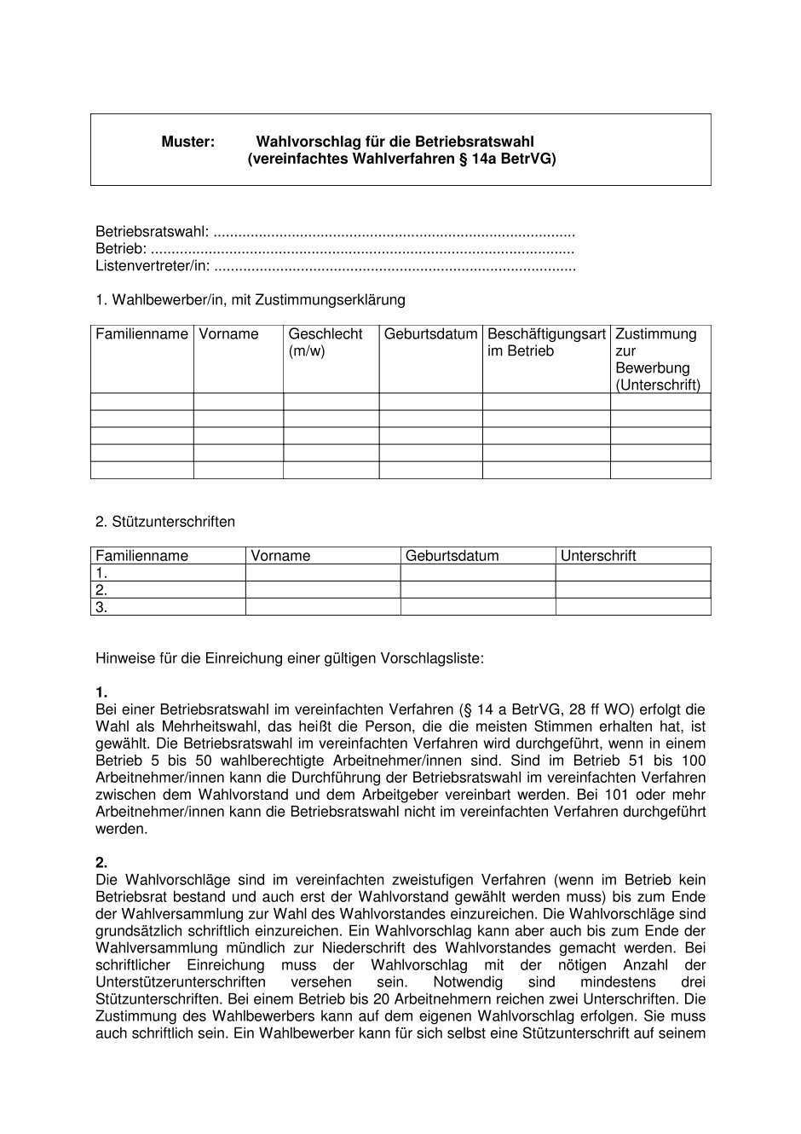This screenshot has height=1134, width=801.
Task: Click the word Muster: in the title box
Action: (x=187, y=142)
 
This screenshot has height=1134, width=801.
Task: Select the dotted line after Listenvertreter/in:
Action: (x=395, y=267)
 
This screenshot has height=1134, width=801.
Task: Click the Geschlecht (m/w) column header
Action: (x=325, y=342)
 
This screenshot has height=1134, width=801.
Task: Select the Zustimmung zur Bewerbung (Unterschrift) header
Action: (x=657, y=359)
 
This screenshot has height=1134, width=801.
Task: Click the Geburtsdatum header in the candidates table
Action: (x=430, y=334)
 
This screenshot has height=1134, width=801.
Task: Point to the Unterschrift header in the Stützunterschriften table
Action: (x=598, y=556)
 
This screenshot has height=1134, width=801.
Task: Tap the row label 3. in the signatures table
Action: (x=101, y=607)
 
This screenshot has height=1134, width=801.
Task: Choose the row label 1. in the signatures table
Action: (x=101, y=573)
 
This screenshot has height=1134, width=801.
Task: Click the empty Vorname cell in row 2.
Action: (x=323, y=590)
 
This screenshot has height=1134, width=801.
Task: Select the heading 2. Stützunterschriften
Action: (x=165, y=522)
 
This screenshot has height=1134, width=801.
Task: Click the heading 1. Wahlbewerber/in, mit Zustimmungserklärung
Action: (x=251, y=300)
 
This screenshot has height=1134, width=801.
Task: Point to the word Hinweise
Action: (x=124, y=658)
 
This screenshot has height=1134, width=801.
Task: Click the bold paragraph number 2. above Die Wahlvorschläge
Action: (x=101, y=863)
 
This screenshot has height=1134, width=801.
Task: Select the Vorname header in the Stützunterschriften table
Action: (x=280, y=556)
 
